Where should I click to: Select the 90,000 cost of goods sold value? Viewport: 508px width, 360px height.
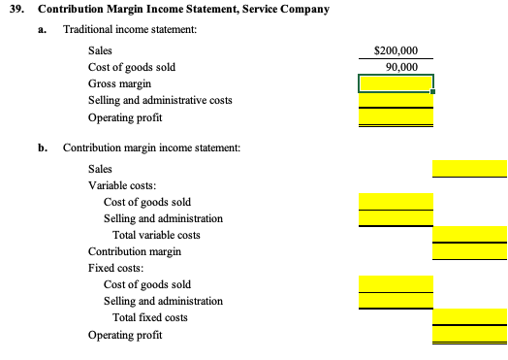pos(401,67)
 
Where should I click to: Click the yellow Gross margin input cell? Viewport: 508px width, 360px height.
pos(396,84)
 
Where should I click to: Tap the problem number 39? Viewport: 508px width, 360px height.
pos(15,10)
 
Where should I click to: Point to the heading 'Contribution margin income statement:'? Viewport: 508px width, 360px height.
pos(151,147)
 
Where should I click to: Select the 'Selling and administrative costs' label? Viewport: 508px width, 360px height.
pos(160,100)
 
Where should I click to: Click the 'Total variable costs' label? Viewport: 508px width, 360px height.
pos(156,235)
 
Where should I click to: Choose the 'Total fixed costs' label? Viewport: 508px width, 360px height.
pos(150,317)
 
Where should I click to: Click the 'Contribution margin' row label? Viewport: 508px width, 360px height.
pos(135,251)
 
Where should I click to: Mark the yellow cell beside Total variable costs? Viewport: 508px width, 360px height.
pos(470,235)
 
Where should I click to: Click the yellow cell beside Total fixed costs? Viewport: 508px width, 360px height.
pos(470,317)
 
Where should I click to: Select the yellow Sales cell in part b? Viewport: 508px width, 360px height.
pos(470,169)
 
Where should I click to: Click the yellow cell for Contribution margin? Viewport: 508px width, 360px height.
pos(470,251)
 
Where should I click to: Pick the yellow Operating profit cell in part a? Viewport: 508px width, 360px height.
pos(396,117)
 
